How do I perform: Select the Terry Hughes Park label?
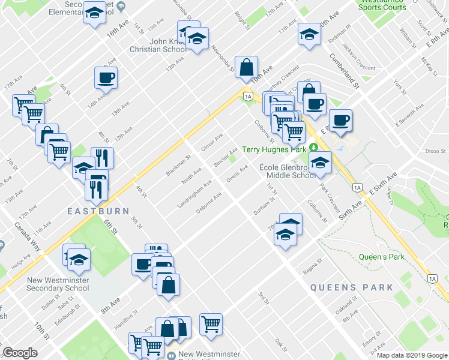(274, 149)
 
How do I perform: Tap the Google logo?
(20, 353)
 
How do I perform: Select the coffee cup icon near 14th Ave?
(106, 78)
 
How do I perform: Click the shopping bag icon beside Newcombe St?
(247, 67)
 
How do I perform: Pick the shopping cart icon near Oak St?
(211, 325)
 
